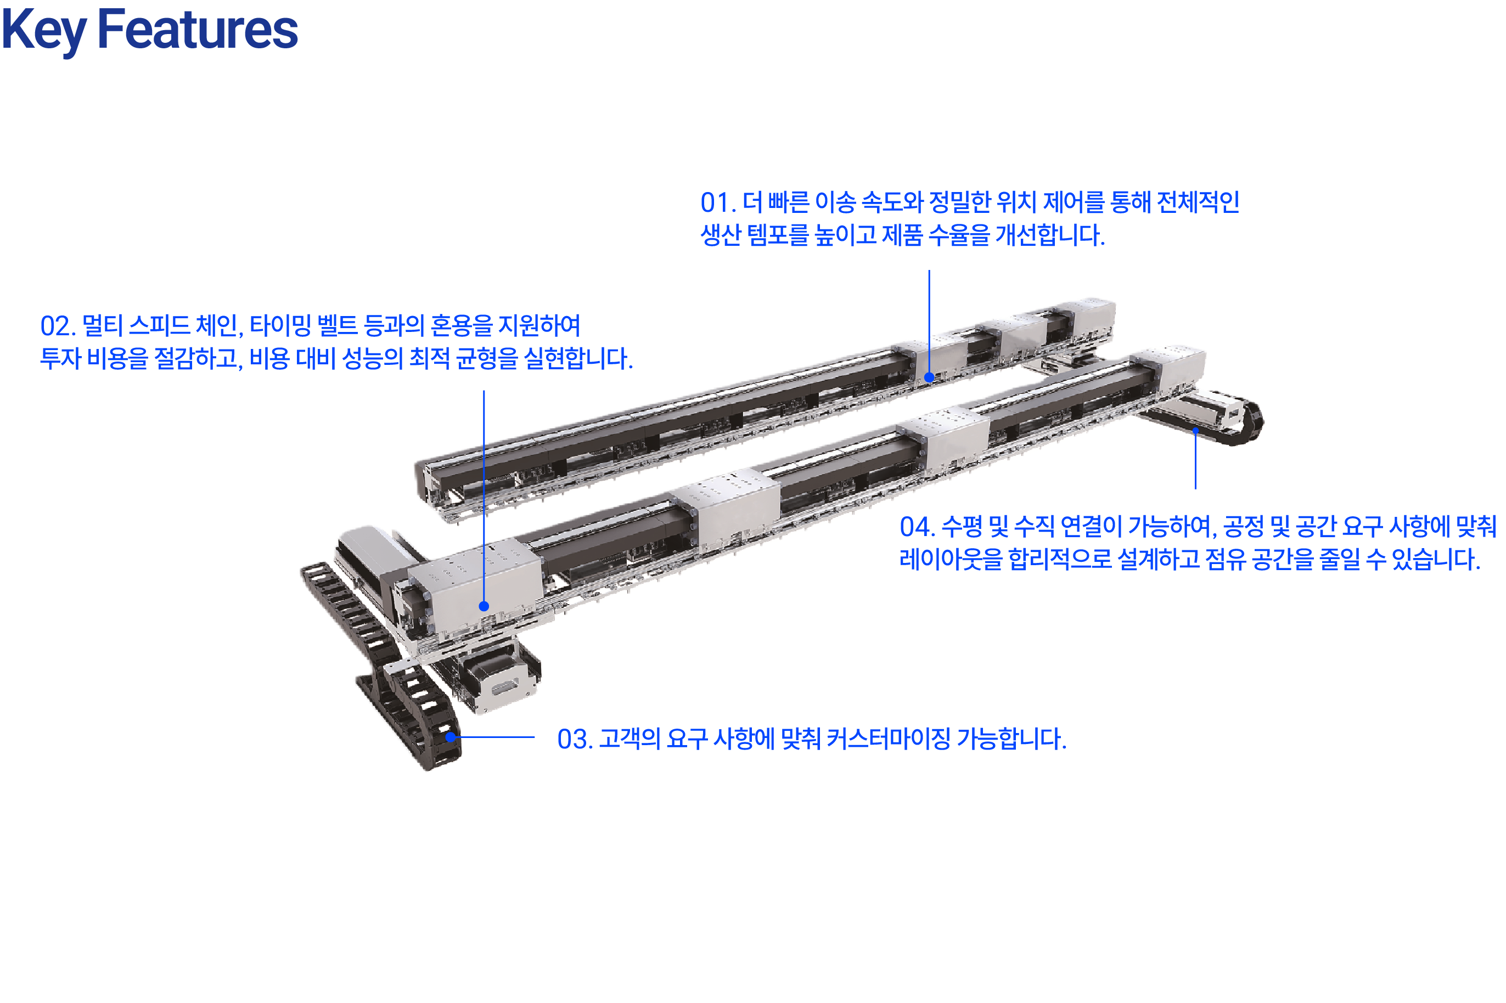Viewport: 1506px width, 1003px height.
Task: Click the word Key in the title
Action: (43, 31)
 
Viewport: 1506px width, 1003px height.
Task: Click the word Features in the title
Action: (197, 29)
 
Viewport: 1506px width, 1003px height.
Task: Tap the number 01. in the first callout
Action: (718, 203)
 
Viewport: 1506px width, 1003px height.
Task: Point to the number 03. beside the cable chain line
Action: (575, 739)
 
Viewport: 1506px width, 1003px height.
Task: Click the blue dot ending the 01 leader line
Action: (929, 377)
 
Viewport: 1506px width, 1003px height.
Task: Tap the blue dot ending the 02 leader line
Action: (484, 606)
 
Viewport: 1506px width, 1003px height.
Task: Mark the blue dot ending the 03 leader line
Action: (451, 737)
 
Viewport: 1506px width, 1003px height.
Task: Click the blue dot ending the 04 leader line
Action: (1195, 431)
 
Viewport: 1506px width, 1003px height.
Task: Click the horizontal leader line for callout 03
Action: (493, 737)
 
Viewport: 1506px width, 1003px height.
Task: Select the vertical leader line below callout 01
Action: (929, 324)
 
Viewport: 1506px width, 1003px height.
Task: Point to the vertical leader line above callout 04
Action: (1195, 460)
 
